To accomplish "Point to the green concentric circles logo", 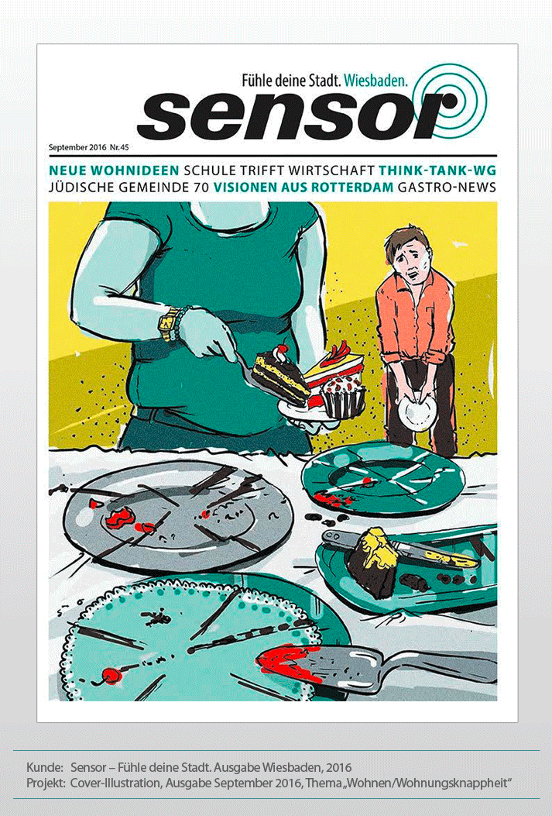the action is click(451, 101).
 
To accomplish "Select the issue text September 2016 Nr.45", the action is click(88, 147).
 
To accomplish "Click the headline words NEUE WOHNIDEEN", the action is click(114, 170).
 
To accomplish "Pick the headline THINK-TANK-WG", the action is click(437, 170).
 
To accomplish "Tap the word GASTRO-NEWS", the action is click(447, 188).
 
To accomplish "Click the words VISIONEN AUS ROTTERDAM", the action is click(303, 188).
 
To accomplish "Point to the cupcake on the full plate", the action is click(343, 395).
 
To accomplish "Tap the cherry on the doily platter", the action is click(112, 676).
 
